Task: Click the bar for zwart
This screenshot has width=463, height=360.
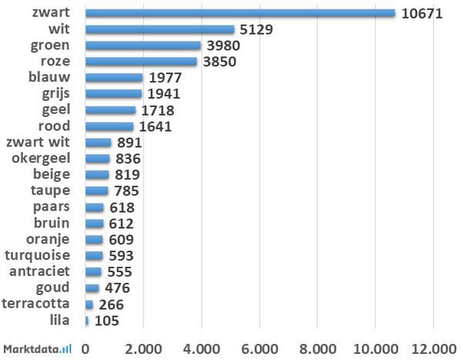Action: (x=239, y=13)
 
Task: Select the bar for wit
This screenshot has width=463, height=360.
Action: (x=159, y=29)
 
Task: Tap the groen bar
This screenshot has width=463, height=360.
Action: (x=143, y=45)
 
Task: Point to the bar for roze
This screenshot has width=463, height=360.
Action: (x=140, y=62)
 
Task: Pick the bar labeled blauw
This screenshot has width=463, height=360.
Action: (x=113, y=78)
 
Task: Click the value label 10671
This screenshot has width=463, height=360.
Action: (x=421, y=13)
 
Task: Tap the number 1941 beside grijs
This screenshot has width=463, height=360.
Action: (x=163, y=94)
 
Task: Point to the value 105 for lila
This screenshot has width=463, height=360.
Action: (x=105, y=321)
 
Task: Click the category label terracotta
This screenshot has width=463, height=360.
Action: (x=40, y=304)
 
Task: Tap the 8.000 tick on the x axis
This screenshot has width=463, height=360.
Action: (x=318, y=348)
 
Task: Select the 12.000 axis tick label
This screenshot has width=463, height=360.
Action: (x=434, y=348)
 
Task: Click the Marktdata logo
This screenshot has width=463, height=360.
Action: (x=37, y=348)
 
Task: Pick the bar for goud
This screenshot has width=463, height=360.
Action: (x=92, y=288)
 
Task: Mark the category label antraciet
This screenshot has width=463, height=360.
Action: (x=43, y=271)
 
